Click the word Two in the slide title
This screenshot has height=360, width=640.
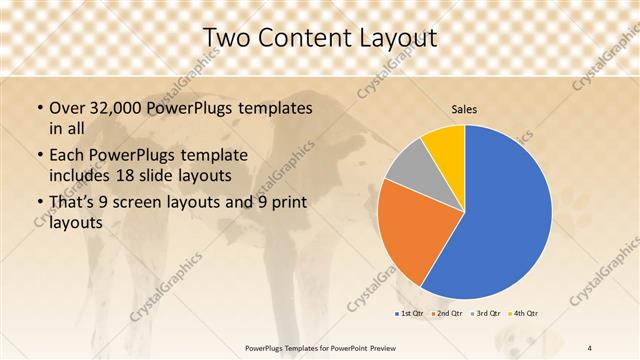[x=226, y=37]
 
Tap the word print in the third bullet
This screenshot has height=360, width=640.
[x=290, y=203]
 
